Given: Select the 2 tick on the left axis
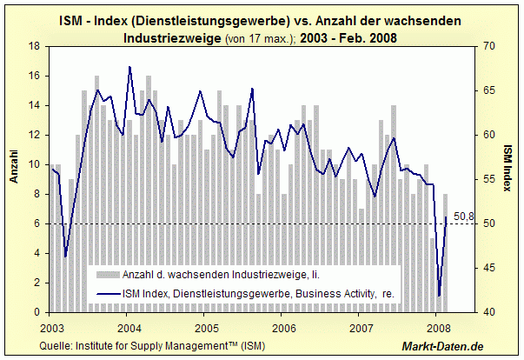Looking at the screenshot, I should [x=36, y=283].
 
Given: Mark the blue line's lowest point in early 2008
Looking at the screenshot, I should [x=440, y=296].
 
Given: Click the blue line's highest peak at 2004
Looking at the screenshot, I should [x=129, y=66].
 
